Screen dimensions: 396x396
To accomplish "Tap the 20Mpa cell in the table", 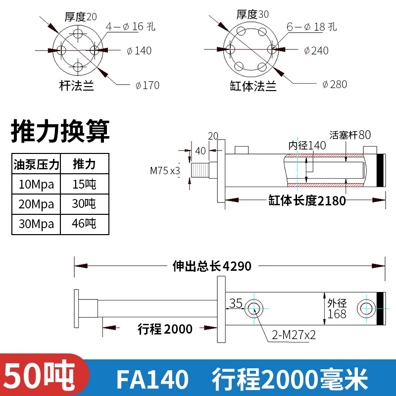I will (36, 204).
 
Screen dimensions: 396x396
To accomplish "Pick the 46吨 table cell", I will (84, 223).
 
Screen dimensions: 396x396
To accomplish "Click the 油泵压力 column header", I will (36, 164).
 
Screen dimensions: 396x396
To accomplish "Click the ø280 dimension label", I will (334, 84).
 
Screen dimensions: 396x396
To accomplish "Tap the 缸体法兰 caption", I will (253, 87).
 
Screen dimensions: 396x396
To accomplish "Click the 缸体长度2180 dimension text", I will (307, 200).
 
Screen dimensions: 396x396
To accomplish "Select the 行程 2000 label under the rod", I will (165, 328).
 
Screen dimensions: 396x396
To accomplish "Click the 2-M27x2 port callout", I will (294, 335).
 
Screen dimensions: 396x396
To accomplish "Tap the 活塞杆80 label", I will (350, 135).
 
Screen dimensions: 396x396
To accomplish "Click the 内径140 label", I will (307, 146).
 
